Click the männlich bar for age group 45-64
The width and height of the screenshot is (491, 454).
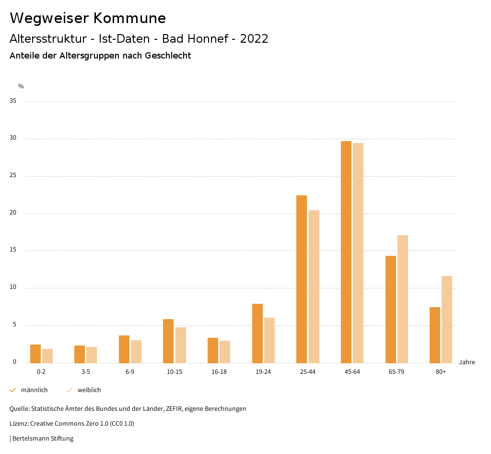click(346, 252)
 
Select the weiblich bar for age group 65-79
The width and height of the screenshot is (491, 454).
click(403, 299)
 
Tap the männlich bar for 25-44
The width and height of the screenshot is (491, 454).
click(302, 279)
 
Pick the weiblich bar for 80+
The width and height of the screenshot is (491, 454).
click(447, 319)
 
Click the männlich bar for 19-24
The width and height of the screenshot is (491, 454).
click(257, 333)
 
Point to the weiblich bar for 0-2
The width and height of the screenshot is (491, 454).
click(47, 356)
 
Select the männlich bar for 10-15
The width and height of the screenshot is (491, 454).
click(168, 341)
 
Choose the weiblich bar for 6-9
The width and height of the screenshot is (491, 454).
click(136, 351)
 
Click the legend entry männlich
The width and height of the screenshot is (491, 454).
click(34, 390)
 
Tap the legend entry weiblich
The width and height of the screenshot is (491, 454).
click(89, 390)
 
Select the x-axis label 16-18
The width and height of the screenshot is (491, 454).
click(219, 372)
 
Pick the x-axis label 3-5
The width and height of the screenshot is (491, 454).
click(86, 372)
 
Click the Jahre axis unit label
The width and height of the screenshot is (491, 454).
click(467, 362)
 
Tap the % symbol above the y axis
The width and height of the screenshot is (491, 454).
click(21, 86)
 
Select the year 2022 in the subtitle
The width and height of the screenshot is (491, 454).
click(254, 39)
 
